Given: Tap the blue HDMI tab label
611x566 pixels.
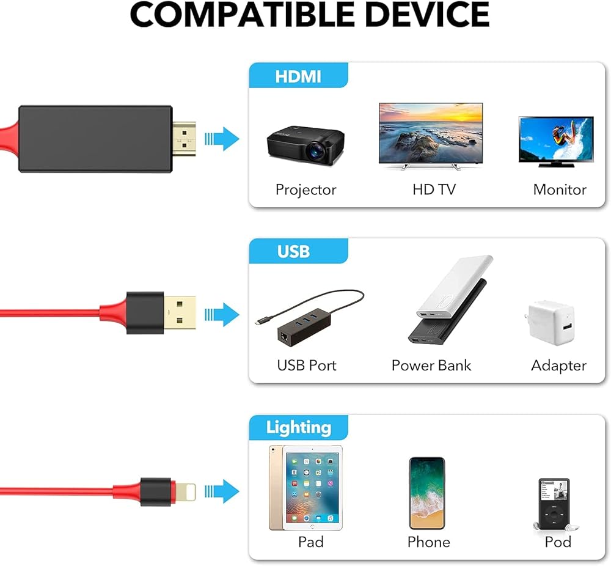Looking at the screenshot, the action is pos(298,77).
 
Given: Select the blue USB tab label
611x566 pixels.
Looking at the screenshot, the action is pos(293,251).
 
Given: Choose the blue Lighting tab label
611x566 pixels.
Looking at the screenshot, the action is pos(298,427).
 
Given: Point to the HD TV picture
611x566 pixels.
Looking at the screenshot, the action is pos(430,134).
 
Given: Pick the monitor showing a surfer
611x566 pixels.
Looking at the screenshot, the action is pos(555,140).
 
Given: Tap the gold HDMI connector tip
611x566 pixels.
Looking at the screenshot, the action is pos(183,138).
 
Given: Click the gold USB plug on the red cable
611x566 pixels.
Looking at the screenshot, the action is pos(180,313).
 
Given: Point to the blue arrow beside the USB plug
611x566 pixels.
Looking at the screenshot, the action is pos(222,314).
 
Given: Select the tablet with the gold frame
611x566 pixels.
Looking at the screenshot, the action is pos(305,487).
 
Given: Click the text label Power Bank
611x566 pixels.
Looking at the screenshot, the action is pos(431,366).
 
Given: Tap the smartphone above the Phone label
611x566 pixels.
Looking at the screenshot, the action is pos(426,493).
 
